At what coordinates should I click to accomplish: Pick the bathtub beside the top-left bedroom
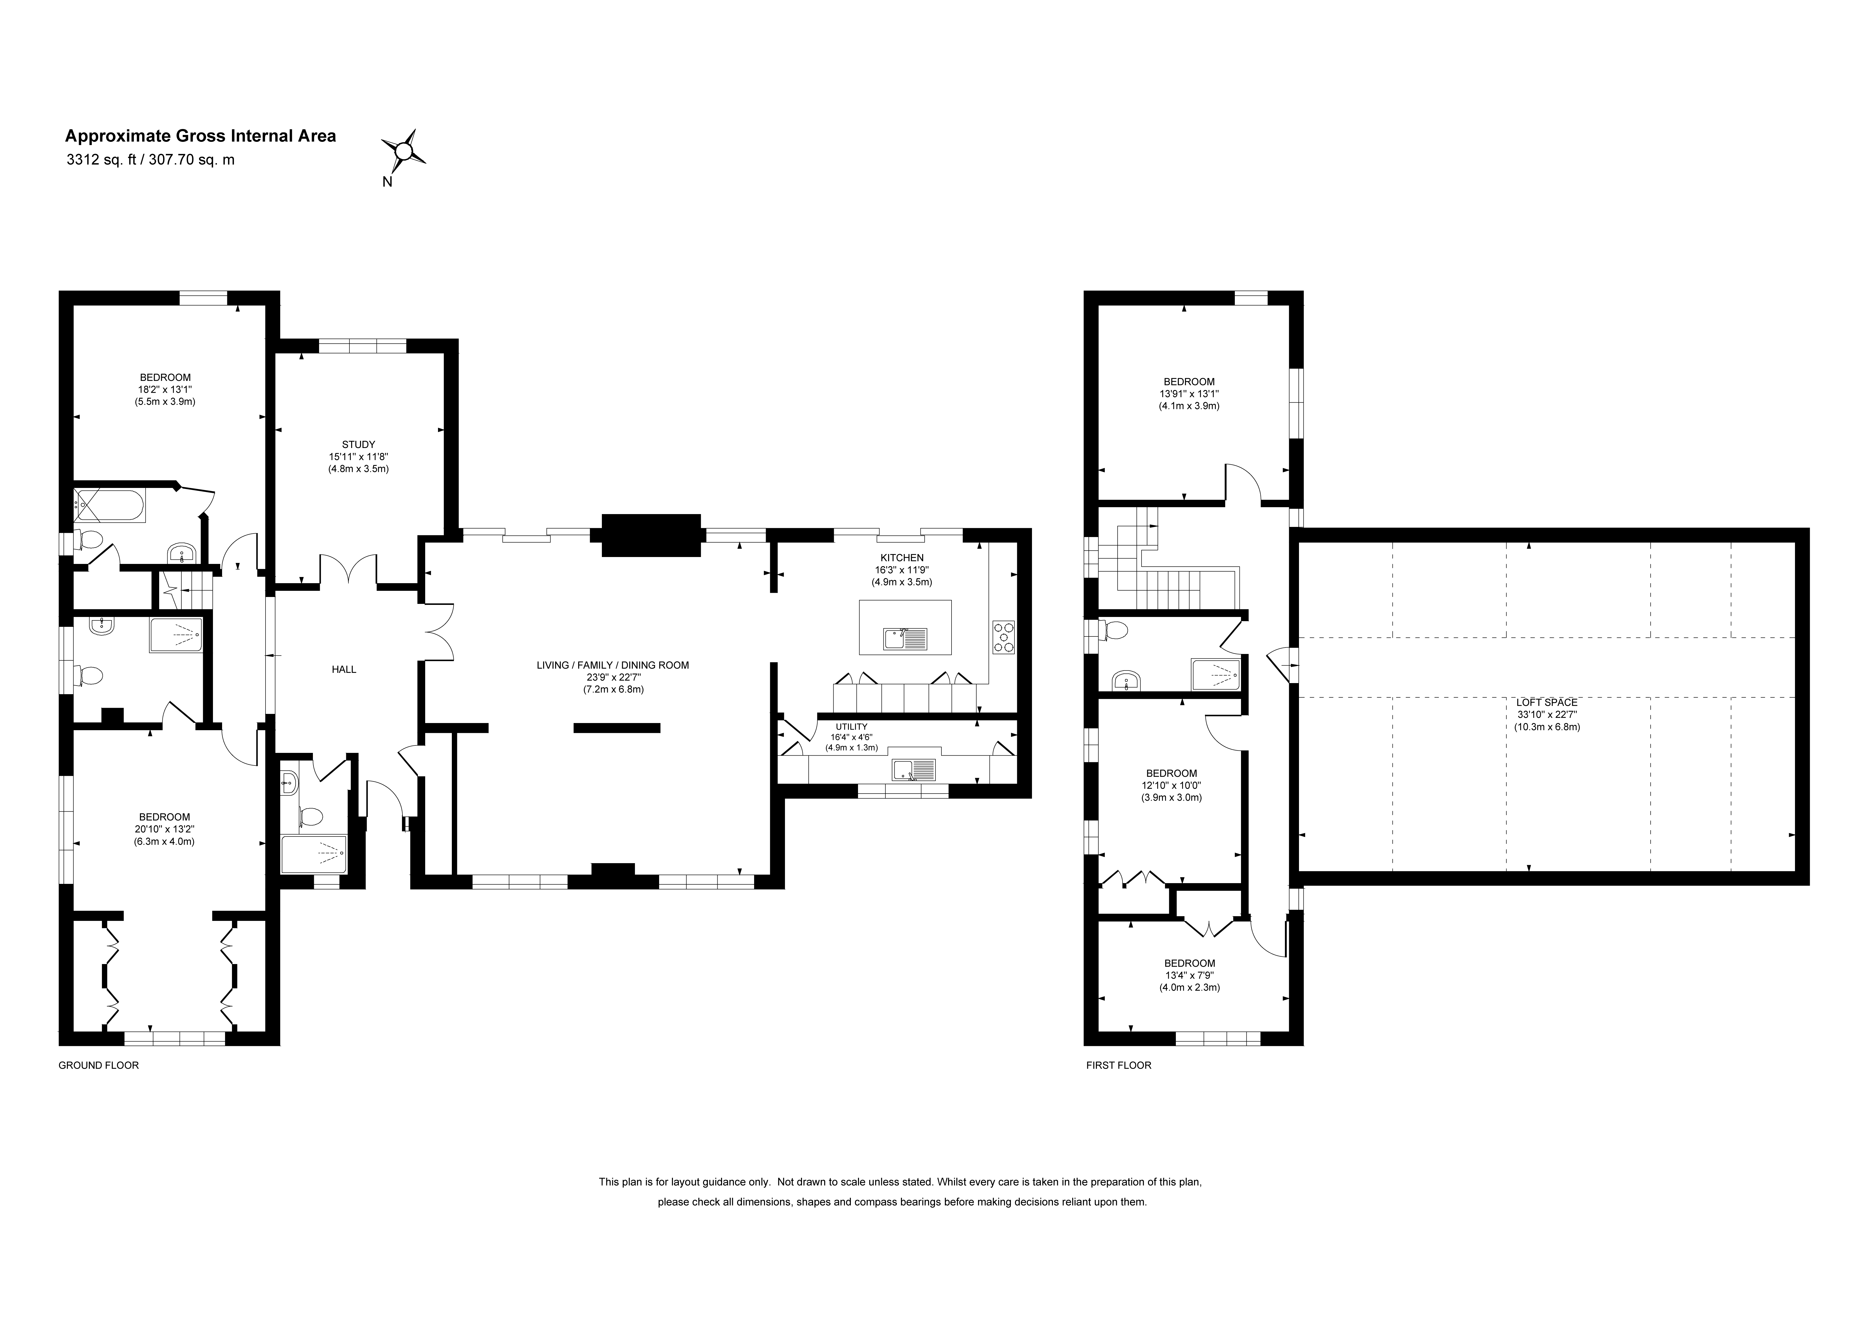coord(109,506)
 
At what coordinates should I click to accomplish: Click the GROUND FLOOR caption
coord(98,1065)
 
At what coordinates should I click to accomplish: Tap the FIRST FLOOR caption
coord(1119,1065)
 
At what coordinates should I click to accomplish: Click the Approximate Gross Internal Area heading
coord(200,136)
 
